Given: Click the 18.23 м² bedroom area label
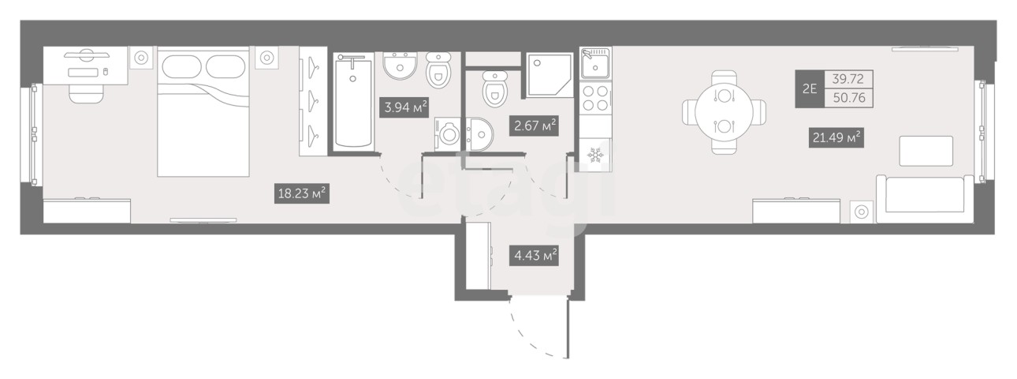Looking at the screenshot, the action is [302, 193].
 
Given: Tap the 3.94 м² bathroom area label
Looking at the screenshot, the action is [404, 107].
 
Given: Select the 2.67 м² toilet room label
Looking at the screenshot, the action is [534, 126].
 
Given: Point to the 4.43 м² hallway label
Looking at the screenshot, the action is [534, 255].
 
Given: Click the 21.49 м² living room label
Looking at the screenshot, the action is [836, 137].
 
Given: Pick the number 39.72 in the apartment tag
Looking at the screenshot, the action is [848, 79].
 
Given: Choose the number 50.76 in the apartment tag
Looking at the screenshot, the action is [849, 98].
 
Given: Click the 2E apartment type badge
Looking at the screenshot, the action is [810, 88].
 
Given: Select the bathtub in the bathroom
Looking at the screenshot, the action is [353, 102].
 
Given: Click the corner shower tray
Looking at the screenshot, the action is [549, 75].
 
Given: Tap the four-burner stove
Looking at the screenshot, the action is [596, 98].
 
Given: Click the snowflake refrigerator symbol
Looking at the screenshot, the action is [596, 155].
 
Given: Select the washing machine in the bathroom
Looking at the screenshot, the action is [448, 134].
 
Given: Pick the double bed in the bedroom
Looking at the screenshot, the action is [203, 111].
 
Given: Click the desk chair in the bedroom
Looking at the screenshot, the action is [86, 93].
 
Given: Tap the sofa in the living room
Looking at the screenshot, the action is [925, 199].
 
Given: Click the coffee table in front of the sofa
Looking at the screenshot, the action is [926, 151].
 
